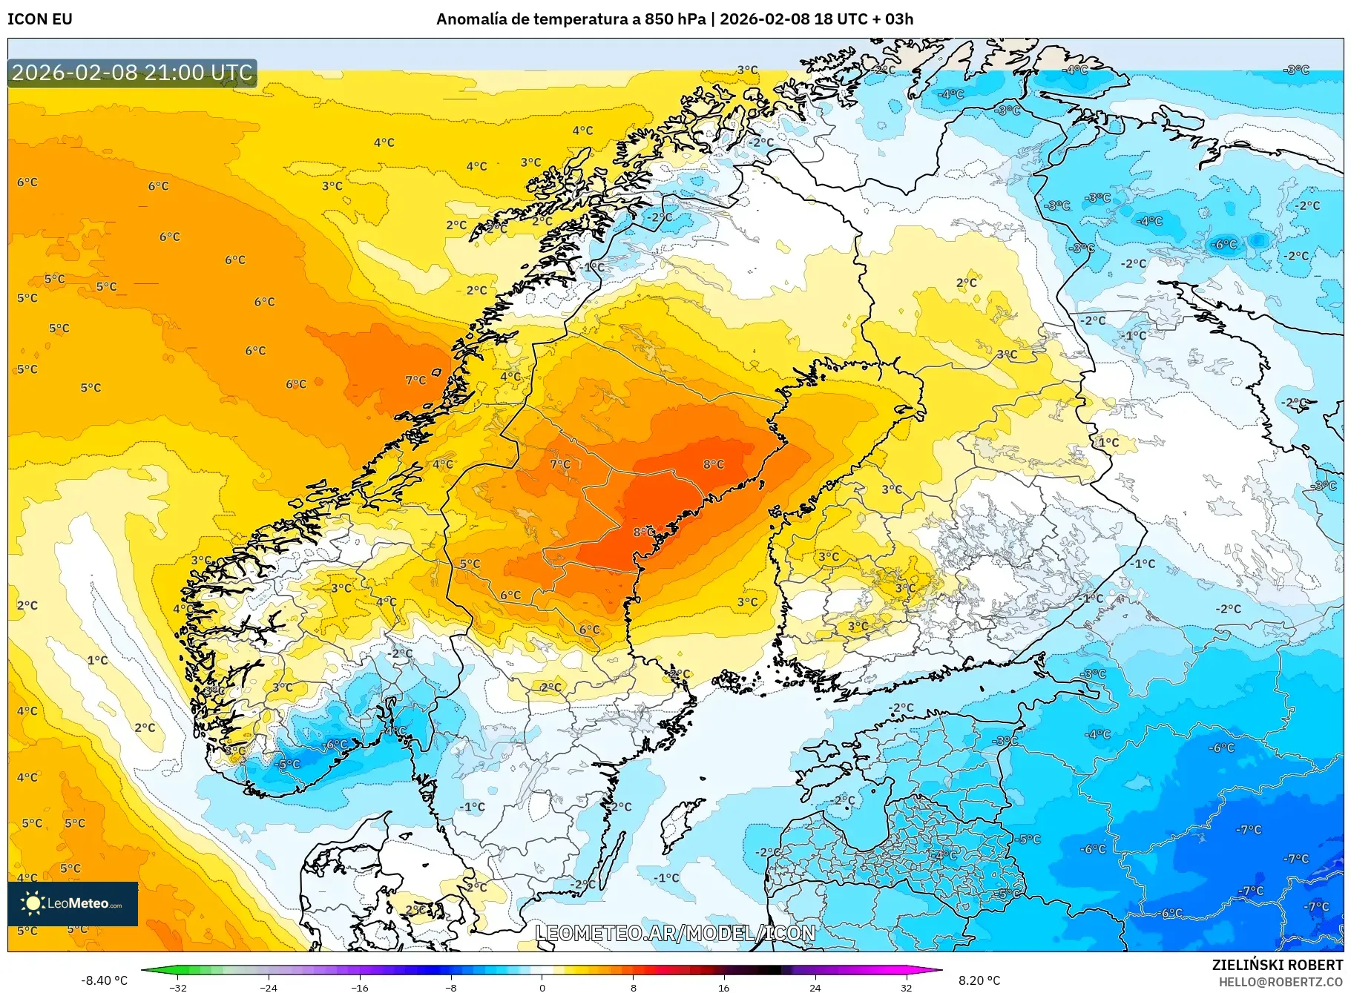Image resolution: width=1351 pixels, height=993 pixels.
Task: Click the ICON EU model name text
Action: [x=40, y=19]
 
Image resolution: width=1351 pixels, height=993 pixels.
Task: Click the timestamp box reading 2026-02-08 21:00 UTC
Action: [x=132, y=73]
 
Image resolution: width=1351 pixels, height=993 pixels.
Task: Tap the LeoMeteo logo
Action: [x=73, y=903]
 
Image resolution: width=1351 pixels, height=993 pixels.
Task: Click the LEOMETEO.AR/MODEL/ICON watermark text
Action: [x=675, y=933]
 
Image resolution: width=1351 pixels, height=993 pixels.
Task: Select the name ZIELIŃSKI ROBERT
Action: [x=1277, y=965]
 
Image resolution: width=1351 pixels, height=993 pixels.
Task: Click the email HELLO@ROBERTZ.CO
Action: [x=1281, y=982]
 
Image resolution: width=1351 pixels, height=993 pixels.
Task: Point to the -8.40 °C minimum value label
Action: [x=105, y=980]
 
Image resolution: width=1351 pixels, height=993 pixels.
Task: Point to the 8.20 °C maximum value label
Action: [x=979, y=980]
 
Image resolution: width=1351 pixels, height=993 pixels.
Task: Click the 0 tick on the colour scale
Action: [x=542, y=987]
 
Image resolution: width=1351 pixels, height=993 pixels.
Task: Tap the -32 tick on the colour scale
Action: [x=178, y=987]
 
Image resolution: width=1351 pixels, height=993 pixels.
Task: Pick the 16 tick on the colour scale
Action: [x=724, y=987]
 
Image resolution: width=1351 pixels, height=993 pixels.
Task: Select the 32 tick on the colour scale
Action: [x=906, y=987]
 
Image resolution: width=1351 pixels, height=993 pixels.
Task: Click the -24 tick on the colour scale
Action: [x=269, y=987]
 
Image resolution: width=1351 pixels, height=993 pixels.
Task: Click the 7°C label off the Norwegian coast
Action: [x=415, y=380]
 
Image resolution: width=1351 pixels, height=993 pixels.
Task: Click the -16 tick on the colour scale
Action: [x=360, y=987]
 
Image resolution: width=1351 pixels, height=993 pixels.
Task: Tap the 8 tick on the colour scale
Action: [x=634, y=987]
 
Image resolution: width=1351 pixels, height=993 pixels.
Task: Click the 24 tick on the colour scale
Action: [x=815, y=987]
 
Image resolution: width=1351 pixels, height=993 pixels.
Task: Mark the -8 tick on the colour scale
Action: [x=451, y=987]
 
